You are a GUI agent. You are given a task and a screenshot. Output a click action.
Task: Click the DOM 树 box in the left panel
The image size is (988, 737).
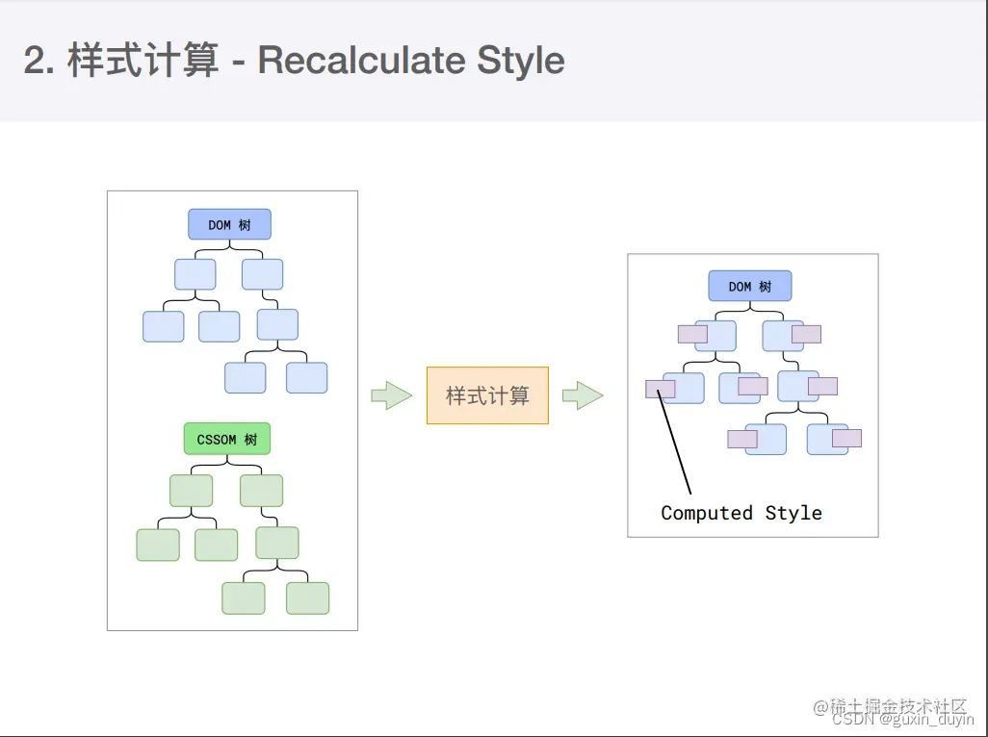[229, 225]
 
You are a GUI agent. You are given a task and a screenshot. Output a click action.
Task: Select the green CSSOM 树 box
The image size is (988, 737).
[227, 440]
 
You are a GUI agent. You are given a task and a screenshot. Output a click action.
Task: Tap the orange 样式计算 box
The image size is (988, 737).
[487, 395]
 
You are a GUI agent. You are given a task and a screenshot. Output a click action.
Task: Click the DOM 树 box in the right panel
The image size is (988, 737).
[750, 287]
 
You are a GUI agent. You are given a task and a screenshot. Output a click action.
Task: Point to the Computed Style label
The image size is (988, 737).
[741, 513]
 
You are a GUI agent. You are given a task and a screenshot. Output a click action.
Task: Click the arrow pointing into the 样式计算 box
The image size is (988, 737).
[391, 395]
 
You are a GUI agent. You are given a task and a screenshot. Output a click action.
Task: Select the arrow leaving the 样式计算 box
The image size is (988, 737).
[583, 394]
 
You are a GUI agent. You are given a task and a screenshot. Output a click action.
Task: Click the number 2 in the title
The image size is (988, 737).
[36, 62]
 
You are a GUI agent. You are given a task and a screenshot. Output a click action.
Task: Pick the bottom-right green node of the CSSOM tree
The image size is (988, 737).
[307, 598]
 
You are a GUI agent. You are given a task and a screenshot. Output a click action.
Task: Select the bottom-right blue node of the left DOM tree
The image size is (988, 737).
[306, 378]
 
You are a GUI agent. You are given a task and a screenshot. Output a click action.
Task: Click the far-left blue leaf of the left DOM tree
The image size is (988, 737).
[164, 326]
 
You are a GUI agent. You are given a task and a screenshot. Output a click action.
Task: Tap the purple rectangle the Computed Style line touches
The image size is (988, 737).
[661, 390]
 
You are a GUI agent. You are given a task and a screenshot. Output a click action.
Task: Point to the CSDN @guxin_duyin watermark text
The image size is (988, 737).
[902, 720]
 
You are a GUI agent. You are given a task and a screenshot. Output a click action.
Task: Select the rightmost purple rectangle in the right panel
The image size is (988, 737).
[846, 439]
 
